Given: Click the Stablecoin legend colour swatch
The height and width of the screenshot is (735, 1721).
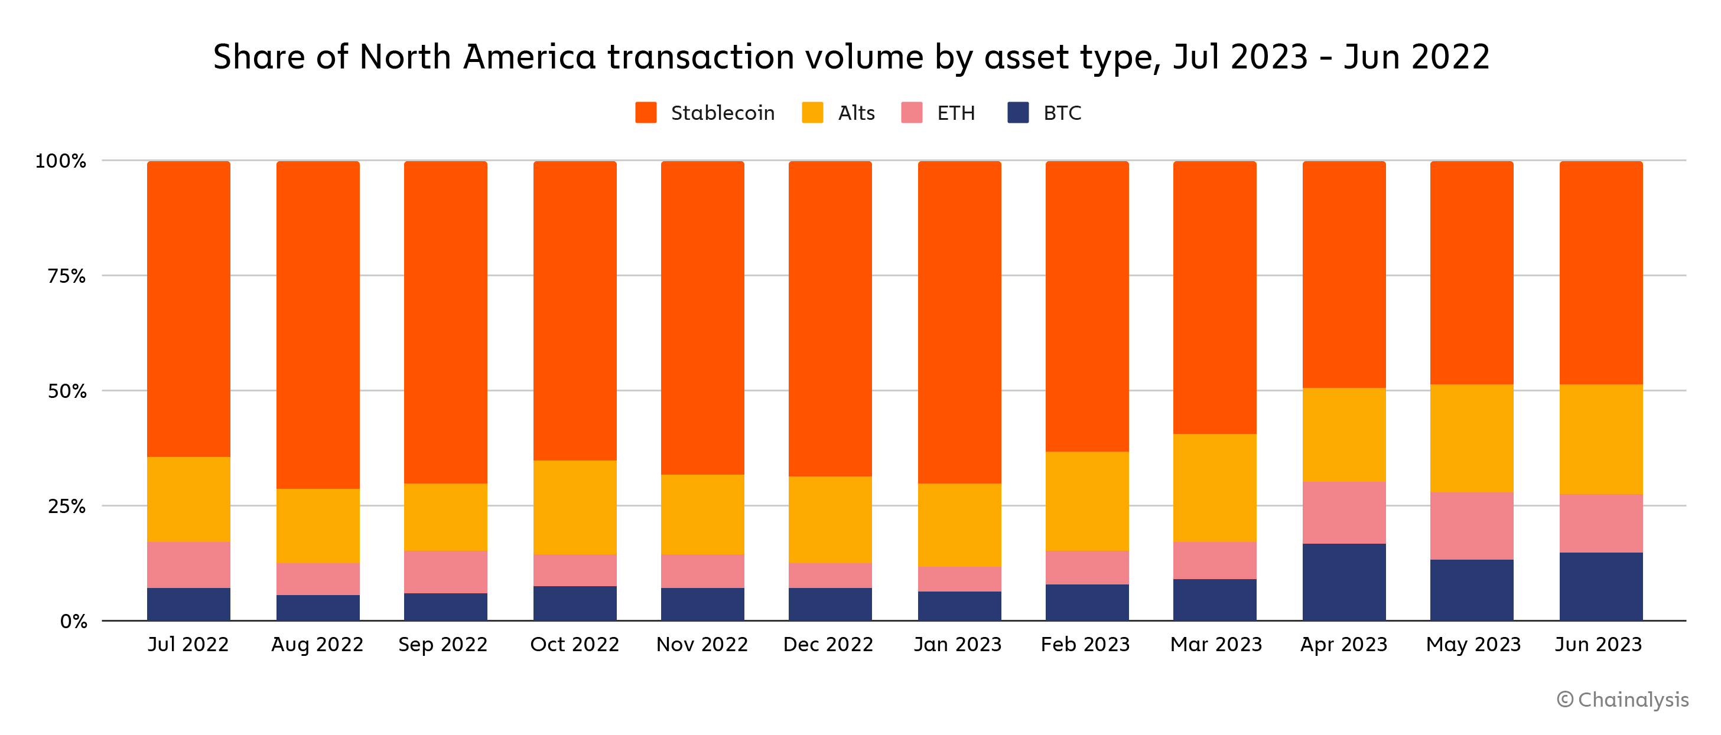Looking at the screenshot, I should click(645, 113).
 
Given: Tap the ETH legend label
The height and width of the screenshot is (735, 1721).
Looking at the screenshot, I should click(955, 113).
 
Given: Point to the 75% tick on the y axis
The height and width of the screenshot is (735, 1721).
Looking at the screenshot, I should click(66, 276).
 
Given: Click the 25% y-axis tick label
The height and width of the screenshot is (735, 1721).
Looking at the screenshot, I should click(66, 507).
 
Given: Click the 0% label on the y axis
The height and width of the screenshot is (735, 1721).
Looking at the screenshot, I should click(73, 622).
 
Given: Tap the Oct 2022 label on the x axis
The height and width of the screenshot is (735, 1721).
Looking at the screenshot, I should click(575, 644).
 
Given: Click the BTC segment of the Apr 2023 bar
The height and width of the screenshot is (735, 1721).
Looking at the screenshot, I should click(1343, 582).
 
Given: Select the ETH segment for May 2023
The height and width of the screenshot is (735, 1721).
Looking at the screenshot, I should click(1471, 526).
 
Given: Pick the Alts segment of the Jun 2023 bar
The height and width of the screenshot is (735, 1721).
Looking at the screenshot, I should click(1600, 439).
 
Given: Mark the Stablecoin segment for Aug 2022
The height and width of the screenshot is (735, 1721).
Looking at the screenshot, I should click(318, 325).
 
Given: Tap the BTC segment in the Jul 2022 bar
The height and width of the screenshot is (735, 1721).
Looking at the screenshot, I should click(188, 604).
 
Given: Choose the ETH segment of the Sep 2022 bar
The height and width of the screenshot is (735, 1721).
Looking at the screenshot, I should click(445, 572).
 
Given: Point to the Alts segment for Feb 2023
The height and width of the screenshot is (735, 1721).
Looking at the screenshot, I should click(1087, 501).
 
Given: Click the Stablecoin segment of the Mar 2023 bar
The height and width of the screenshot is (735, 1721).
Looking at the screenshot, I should click(1215, 298).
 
